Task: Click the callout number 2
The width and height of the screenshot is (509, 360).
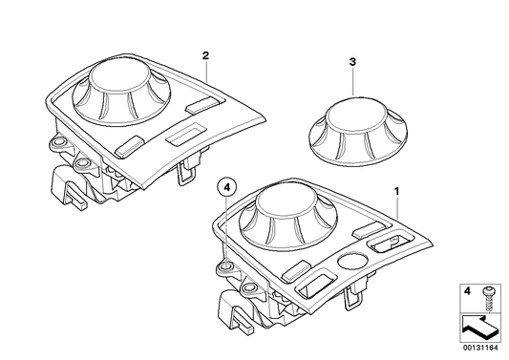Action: pos(205,56)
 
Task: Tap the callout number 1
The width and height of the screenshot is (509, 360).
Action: pos(397,192)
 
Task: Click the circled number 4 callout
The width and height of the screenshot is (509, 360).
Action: pos(225,189)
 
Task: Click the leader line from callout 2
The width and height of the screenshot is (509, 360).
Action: pos(205,77)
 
